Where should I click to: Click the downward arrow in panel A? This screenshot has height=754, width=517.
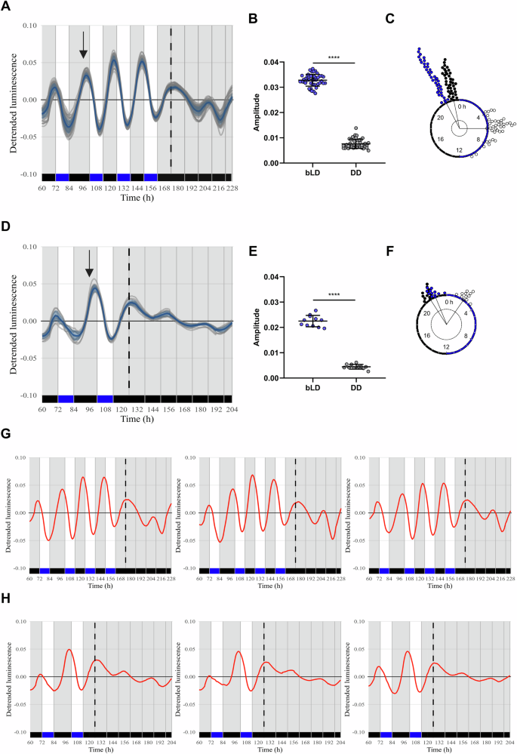(x=84, y=49)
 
